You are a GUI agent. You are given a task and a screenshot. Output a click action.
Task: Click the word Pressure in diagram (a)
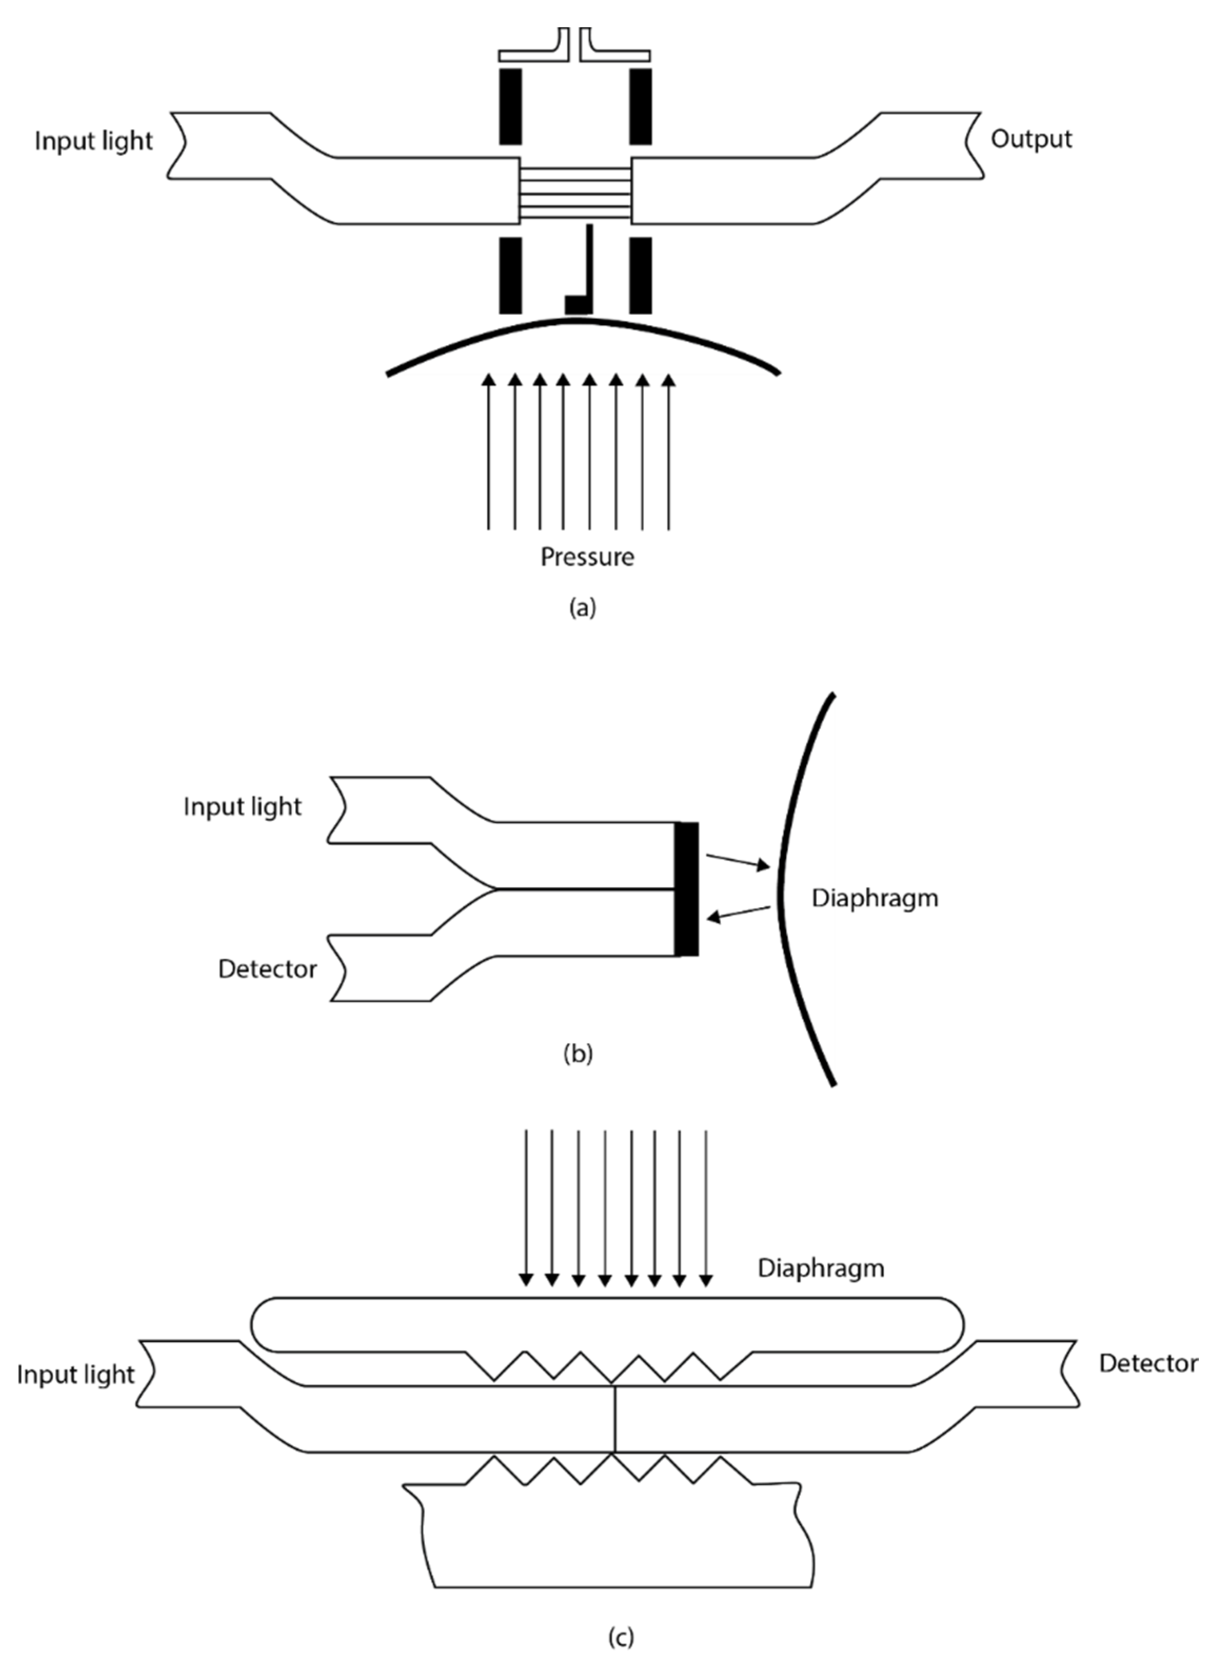point(587,556)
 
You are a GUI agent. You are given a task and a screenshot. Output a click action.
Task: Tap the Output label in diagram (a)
point(1031,139)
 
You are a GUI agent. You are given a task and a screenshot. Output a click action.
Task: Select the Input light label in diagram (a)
point(94,141)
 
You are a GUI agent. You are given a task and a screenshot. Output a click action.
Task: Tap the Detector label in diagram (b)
point(267,969)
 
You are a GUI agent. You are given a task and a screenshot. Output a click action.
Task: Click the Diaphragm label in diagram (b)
point(875,898)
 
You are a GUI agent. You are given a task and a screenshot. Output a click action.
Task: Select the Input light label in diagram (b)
point(243,807)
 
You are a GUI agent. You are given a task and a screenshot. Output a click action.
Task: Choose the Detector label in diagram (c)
point(1148,1363)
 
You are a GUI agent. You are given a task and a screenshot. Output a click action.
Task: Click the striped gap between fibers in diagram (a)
point(576,193)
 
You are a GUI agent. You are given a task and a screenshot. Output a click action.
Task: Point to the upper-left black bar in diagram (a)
point(510,106)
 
